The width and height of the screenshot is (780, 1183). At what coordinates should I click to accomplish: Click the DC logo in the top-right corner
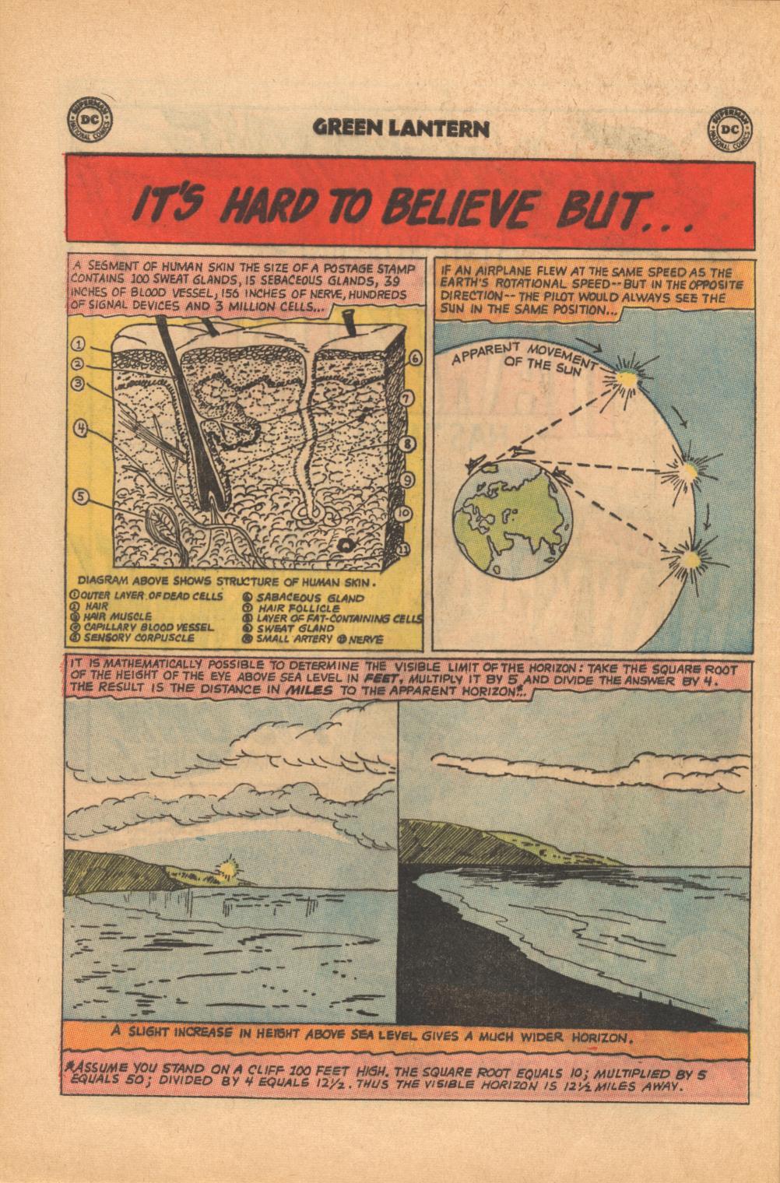point(729,127)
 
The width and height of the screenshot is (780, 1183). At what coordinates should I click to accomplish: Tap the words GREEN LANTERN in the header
point(402,128)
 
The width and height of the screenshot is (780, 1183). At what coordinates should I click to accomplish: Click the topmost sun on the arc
point(625,377)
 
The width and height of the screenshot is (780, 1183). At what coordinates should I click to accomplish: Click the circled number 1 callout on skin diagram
point(77,343)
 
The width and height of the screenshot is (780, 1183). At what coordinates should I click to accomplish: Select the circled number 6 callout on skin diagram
point(414,357)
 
